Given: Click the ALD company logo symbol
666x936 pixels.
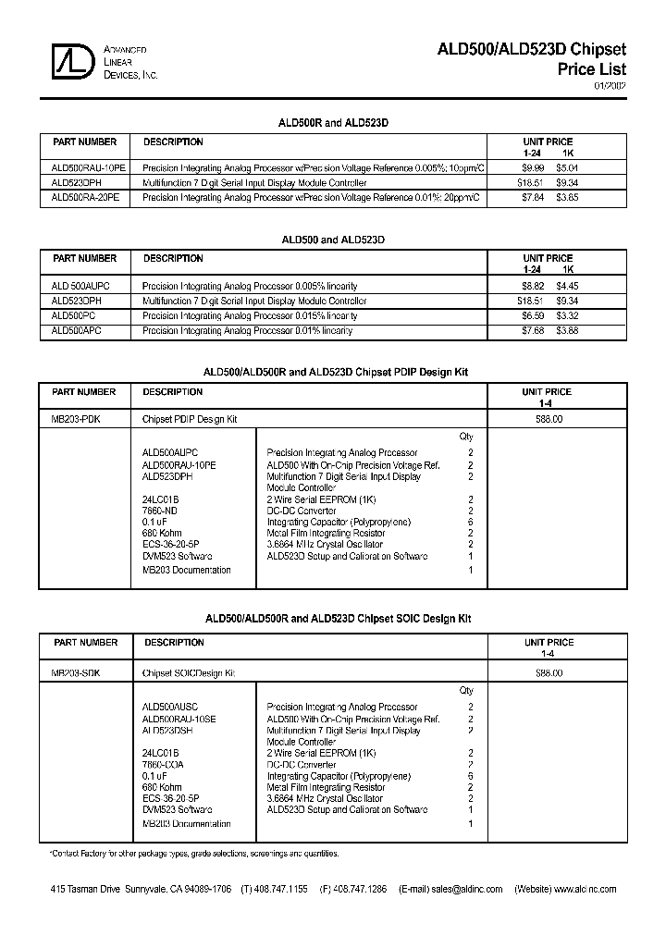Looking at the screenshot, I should tap(74, 61).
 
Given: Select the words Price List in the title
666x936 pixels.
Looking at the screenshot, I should tap(592, 69).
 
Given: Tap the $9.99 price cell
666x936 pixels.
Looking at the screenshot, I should tap(532, 168).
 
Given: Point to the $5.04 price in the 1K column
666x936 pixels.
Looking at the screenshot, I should tap(567, 168).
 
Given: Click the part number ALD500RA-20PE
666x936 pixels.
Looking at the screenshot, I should tap(85, 197).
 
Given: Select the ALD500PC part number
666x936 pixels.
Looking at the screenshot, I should tap(75, 315).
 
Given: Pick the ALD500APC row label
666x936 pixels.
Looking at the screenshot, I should tap(77, 330).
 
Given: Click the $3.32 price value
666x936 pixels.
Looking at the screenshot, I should tap(568, 315).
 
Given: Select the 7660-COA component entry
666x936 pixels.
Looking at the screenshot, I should tap(163, 765).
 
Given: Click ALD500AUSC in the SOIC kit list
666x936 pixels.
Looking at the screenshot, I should tap(170, 707).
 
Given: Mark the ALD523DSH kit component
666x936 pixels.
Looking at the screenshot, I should tap(167, 731).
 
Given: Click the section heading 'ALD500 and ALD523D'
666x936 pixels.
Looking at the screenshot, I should tap(333, 240).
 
